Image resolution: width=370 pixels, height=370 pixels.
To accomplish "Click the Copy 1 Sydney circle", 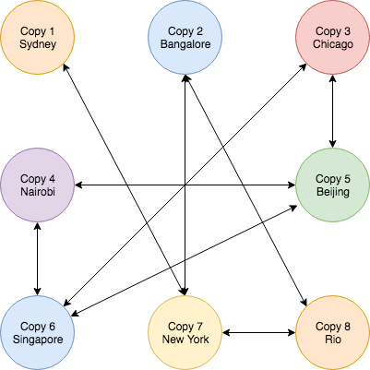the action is (x=37, y=37).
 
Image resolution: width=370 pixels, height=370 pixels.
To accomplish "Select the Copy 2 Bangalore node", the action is (x=185, y=37).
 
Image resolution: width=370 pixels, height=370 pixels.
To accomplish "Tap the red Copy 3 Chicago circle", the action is (x=332, y=37).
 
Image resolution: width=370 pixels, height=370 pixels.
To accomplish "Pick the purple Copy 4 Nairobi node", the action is (x=37, y=185).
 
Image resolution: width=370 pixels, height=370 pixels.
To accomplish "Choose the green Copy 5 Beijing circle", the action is (x=332, y=185).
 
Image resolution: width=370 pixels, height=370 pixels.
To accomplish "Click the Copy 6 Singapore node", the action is (x=37, y=332).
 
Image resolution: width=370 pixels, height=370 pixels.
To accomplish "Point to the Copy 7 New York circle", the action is (x=185, y=332).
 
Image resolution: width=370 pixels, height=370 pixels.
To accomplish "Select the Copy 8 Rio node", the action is (x=332, y=332).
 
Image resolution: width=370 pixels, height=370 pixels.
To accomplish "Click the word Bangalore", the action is (x=185, y=44).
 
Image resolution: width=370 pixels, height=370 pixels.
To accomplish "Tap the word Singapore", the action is (x=38, y=340).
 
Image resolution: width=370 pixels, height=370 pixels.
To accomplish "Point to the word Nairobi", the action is (x=38, y=192).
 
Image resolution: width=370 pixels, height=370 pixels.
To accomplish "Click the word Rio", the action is (x=333, y=340).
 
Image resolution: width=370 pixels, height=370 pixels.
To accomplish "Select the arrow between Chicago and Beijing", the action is (x=332, y=111).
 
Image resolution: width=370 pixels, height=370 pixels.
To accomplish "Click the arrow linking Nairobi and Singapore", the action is (x=37, y=258).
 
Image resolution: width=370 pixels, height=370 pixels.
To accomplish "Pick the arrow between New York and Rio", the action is (x=258, y=332).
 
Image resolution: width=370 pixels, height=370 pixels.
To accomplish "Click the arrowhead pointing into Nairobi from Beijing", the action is (x=78, y=185).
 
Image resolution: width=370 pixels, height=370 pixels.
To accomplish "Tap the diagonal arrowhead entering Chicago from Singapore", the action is (x=304, y=66).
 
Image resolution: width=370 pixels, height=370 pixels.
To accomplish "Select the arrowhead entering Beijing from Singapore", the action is (x=292, y=208).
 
